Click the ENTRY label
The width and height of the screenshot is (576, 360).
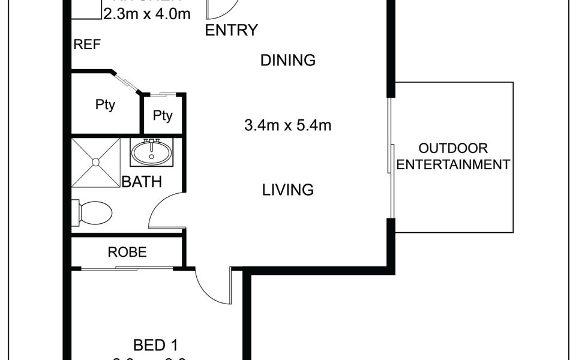pos(232,31)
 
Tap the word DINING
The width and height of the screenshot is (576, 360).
pos(288,60)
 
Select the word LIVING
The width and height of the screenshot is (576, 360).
pos(288,190)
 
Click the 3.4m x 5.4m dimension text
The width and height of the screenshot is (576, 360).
pos(288,126)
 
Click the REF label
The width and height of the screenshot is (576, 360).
pos(87,45)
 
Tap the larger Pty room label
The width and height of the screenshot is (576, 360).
pos(105,105)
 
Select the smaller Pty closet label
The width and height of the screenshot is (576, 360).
pos(163,115)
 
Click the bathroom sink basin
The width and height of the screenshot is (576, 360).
pos(152,152)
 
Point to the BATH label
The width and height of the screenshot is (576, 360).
pos(142,182)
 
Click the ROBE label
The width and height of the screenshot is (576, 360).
pos(127,252)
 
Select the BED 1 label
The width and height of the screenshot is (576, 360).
pos(155,345)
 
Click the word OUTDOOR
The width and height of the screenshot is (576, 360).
pos(453,148)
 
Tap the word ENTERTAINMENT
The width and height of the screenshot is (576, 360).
pos(453,164)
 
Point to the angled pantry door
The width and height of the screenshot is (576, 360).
pos(127,82)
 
